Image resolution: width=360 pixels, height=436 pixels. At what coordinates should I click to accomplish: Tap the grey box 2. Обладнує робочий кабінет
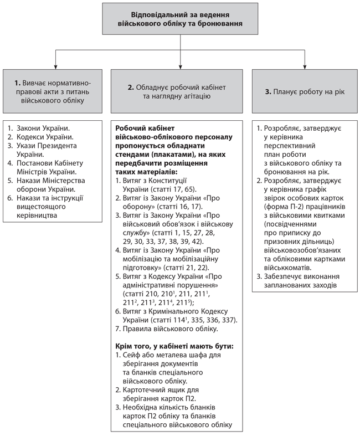[177, 91]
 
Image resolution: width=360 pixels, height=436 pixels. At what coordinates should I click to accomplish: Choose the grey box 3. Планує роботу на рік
[304, 91]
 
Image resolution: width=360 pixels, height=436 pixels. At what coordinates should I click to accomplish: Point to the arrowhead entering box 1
[54, 66]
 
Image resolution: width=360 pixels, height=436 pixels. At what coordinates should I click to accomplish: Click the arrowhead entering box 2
[181, 66]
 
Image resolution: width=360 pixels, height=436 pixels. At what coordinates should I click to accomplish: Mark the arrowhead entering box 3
[304, 66]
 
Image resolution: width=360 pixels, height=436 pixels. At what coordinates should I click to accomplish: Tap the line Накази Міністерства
[50, 180]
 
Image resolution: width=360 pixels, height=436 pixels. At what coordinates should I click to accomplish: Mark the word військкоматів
[287, 267]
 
